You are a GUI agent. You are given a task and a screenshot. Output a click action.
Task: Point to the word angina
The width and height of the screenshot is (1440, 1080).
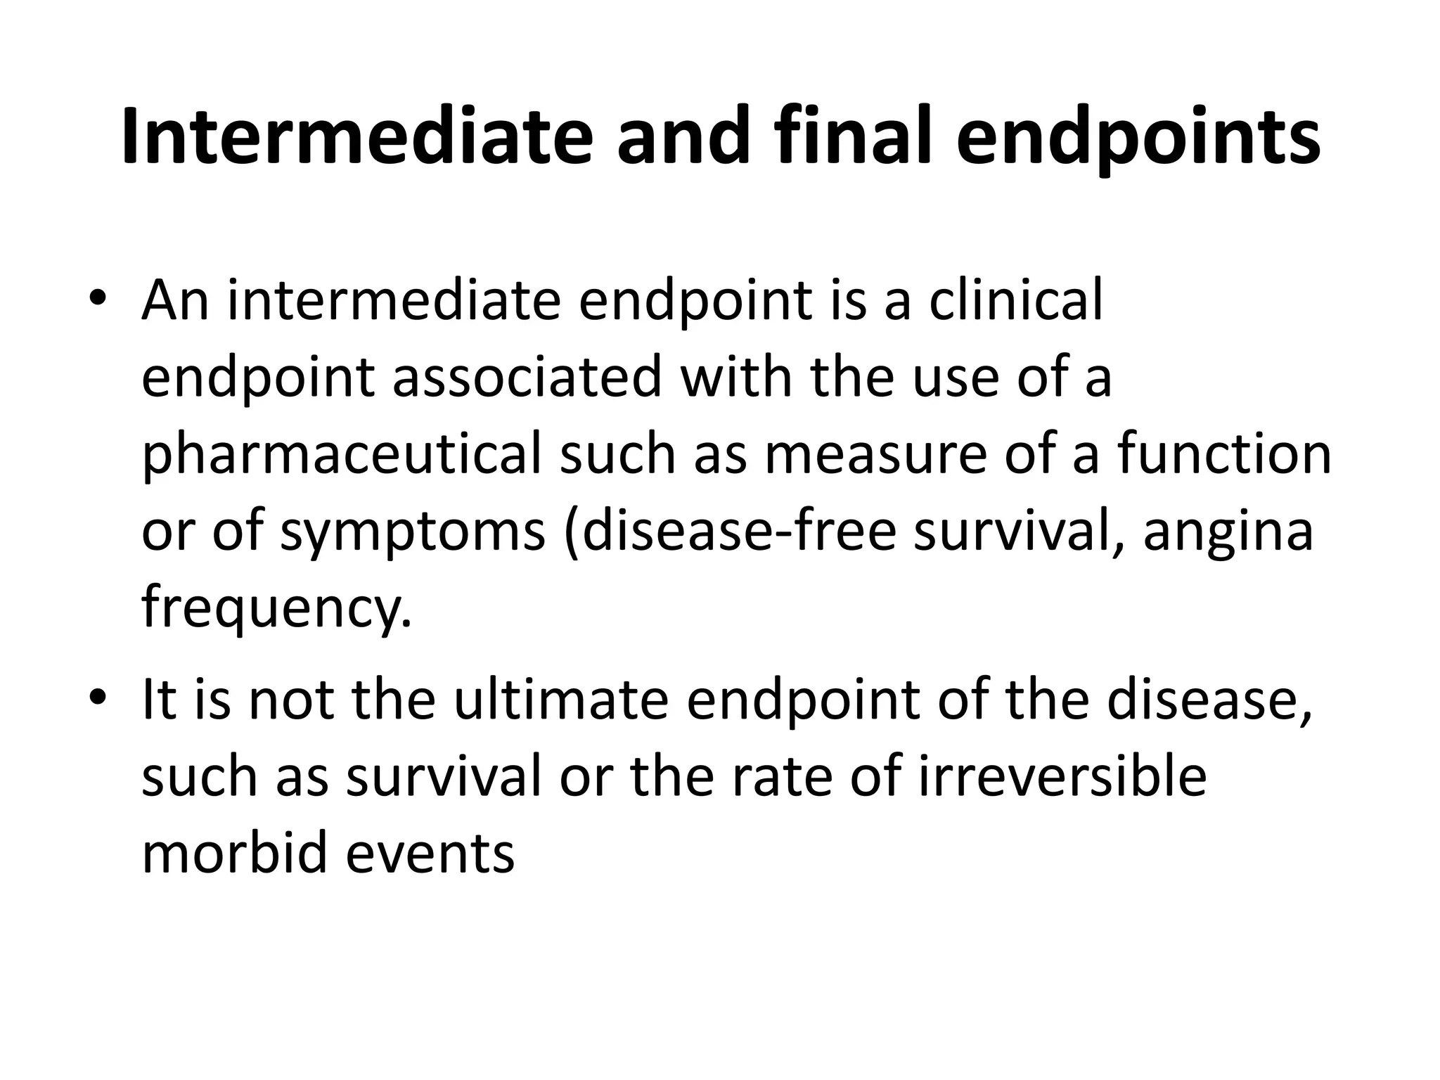coord(1228,532)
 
